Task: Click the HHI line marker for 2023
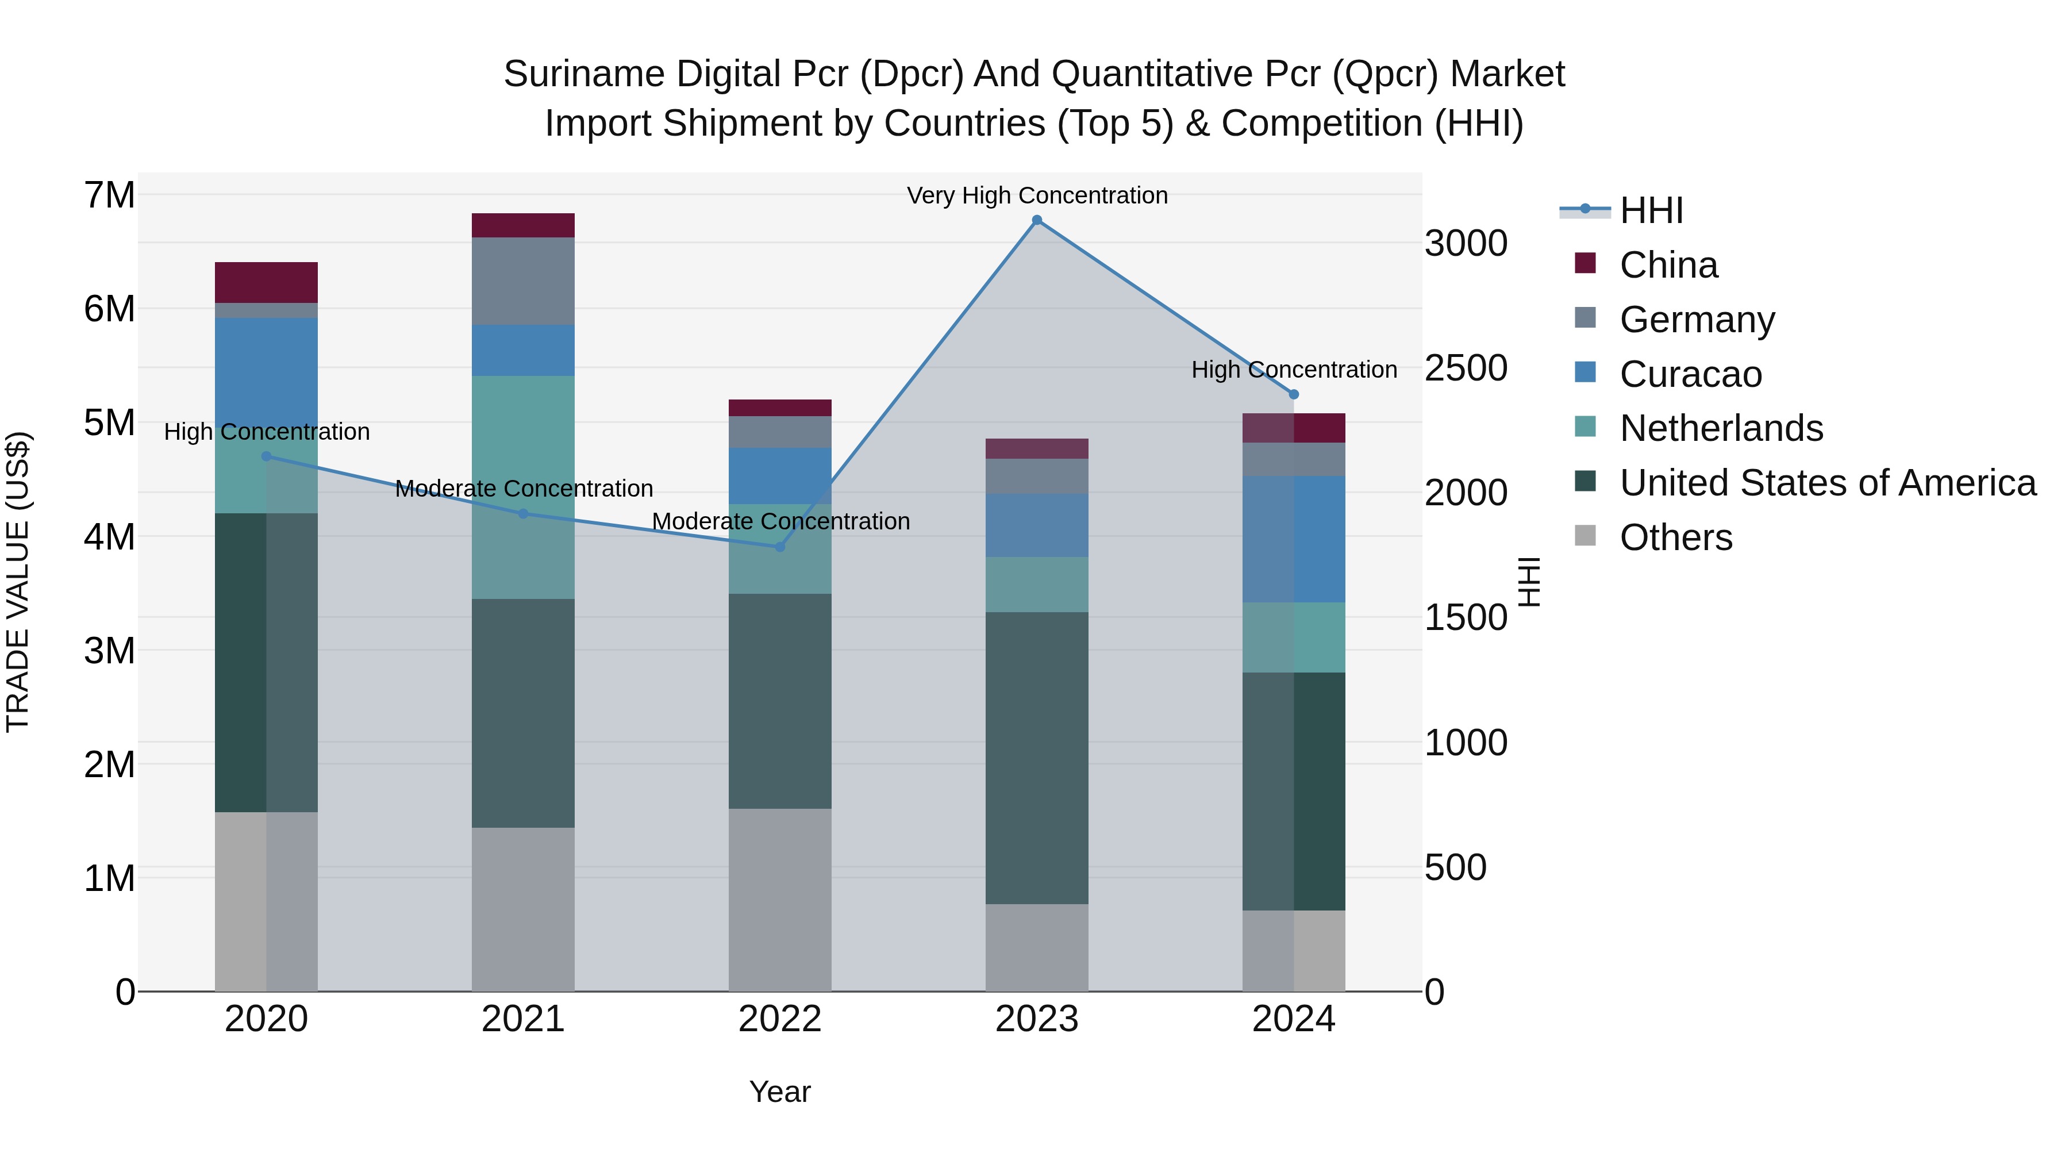coord(1036,220)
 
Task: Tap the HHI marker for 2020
coord(267,456)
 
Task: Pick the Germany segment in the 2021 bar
coord(523,281)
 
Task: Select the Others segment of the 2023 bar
coord(1036,948)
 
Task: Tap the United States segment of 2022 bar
coord(779,701)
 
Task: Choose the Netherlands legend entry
coord(1721,428)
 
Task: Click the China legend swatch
coord(1585,263)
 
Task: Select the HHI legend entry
coord(1651,210)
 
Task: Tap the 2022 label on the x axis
coord(779,1019)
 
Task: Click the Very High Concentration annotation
coord(1037,195)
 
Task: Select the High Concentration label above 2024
coord(1293,370)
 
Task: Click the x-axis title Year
coord(779,1092)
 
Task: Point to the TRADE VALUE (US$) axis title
coord(18,582)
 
